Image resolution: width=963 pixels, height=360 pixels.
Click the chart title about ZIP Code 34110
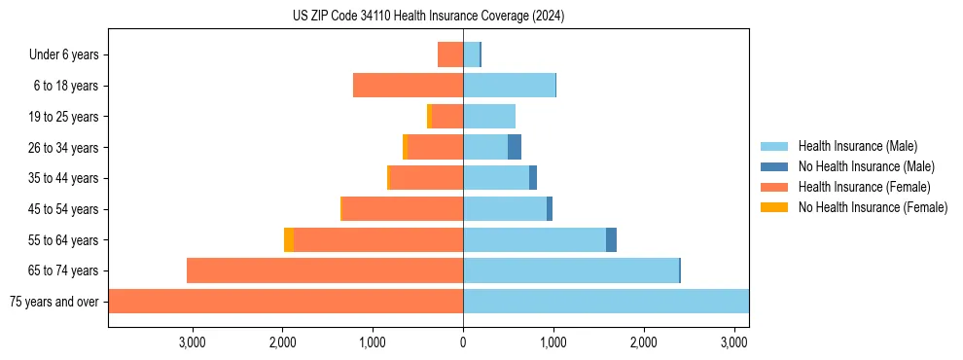[428, 17]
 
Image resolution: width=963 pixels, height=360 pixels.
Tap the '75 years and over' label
[53, 302]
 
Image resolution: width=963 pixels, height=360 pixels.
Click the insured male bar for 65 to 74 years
[570, 270]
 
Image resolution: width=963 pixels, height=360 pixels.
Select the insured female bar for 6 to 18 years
[408, 86]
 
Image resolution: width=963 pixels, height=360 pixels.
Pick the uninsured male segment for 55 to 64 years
[611, 239]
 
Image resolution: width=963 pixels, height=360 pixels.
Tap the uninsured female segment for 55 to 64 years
[289, 239]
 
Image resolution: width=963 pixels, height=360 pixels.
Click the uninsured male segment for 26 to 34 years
[515, 147]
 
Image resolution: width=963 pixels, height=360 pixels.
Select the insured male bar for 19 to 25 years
[489, 117]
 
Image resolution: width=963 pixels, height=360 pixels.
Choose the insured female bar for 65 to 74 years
[325, 270]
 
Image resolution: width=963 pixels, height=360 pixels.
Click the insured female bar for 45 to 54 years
[403, 209]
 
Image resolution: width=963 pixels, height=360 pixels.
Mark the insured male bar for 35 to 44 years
[496, 178]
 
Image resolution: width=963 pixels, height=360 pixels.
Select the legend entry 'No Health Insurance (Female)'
[873, 207]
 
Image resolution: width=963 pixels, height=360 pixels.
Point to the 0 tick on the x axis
[463, 342]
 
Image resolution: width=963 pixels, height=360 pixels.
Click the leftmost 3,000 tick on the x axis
[192, 342]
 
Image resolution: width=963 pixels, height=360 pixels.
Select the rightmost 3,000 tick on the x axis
[734, 342]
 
